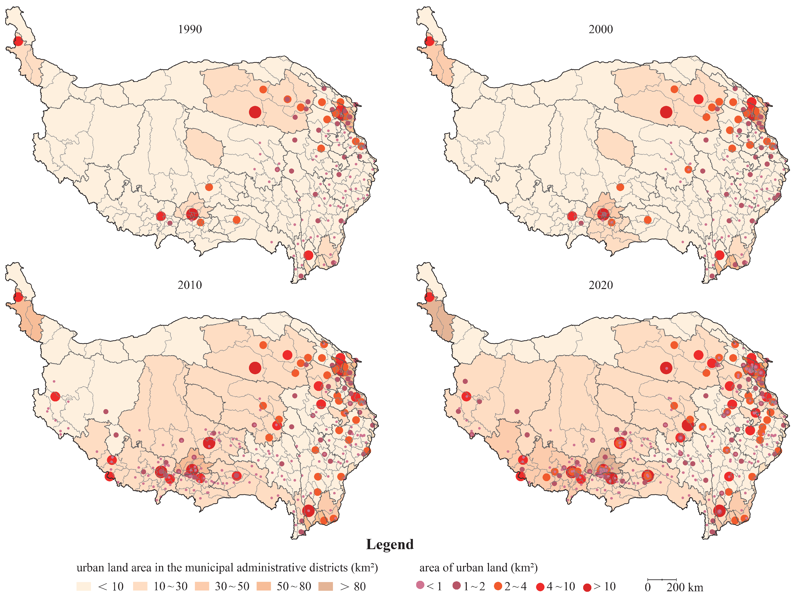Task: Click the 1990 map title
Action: pos(190,29)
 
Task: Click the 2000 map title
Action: pos(601,29)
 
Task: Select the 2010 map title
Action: pos(190,285)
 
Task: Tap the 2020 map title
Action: pos(601,285)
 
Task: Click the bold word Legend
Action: pos(390,544)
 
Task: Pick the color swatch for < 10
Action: pos(83,586)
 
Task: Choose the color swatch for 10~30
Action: pos(140,586)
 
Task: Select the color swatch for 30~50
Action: pos(202,586)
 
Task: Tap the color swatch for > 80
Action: pos(325,586)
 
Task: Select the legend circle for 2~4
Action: pos(498,586)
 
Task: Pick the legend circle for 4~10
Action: pos(540,587)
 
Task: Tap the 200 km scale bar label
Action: pos(685,588)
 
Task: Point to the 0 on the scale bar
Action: pos(647,588)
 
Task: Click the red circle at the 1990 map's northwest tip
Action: pos(18,41)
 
